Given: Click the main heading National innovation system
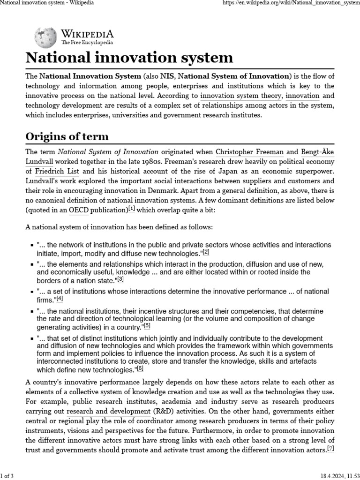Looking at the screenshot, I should tap(129, 58).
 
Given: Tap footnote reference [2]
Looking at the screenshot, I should tap(206, 252).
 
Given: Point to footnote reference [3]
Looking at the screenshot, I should tap(120, 279).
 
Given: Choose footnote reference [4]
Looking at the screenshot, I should tap(60, 299).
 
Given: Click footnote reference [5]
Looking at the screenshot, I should tap(147, 326).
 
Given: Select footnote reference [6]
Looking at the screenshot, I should tap(140, 368).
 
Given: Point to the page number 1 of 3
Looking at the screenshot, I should tap(7, 476).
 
